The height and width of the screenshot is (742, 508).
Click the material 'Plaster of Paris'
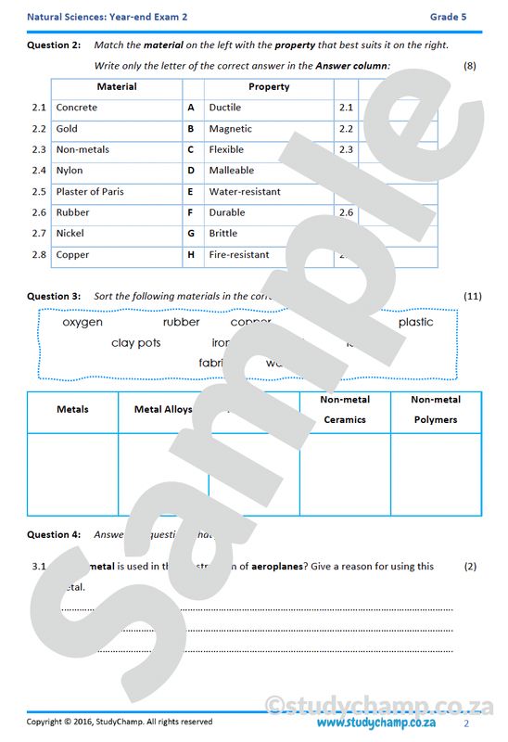pyautogui.click(x=89, y=192)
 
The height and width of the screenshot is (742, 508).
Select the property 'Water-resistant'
pyautogui.click(x=245, y=192)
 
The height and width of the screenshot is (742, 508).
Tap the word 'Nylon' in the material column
pyautogui.click(x=70, y=171)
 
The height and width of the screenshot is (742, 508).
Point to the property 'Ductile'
pyautogui.click(x=224, y=108)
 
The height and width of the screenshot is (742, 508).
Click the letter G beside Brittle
pyautogui.click(x=191, y=234)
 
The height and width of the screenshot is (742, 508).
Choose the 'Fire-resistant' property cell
pyautogui.click(x=239, y=255)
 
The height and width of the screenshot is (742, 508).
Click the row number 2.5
pyautogui.click(x=38, y=192)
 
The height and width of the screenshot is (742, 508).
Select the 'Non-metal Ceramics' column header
pyautogui.click(x=345, y=410)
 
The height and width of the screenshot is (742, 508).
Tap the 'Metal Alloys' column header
pyautogui.click(x=163, y=409)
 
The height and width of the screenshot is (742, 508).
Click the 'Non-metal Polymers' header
pyautogui.click(x=436, y=410)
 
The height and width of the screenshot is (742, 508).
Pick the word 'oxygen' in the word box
pyautogui.click(x=83, y=323)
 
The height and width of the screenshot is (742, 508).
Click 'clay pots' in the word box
pyautogui.click(x=135, y=343)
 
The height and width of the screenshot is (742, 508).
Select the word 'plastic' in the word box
pyautogui.click(x=415, y=323)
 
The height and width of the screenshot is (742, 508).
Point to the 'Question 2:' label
pyautogui.click(x=54, y=45)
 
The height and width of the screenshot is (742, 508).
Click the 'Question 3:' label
pyautogui.click(x=54, y=297)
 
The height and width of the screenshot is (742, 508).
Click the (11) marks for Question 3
pyautogui.click(x=472, y=297)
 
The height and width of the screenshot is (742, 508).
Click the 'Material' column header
pyautogui.click(x=117, y=87)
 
